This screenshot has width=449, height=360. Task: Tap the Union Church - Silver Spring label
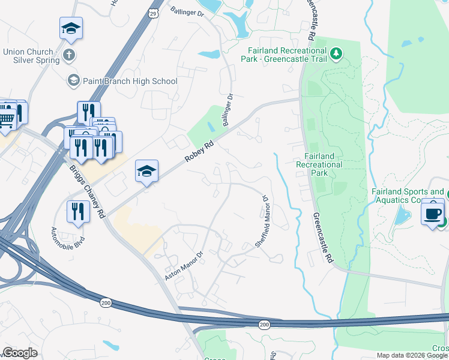coord(31,56)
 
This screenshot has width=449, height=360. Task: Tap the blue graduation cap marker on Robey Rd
coord(146,172)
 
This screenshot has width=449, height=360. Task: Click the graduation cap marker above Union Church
coord(71,28)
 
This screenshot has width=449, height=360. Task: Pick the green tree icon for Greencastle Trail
coord(337,54)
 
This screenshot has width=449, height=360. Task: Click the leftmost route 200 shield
coord(106,302)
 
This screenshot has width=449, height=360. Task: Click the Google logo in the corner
coord(20,353)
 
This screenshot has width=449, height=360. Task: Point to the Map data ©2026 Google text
coord(412,355)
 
